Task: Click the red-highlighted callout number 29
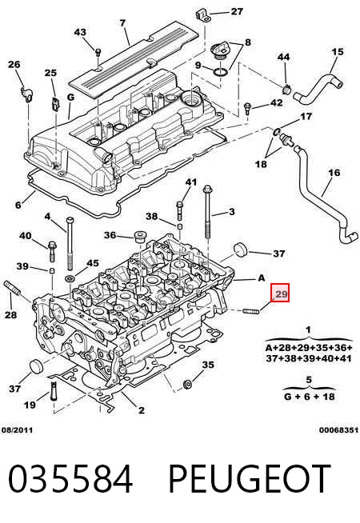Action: pyautogui.click(x=279, y=293)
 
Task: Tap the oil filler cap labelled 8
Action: pyautogui.click(x=220, y=50)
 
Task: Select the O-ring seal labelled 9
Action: pyautogui.click(x=220, y=71)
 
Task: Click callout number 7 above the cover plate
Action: pyautogui.click(x=122, y=23)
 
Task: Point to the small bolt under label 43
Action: pyautogui.click(x=98, y=52)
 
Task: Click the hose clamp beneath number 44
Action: pyautogui.click(x=286, y=90)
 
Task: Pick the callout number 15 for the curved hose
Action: pyautogui.click(x=338, y=52)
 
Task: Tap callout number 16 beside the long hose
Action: pyautogui.click(x=334, y=173)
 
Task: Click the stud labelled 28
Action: pyautogui.click(x=12, y=289)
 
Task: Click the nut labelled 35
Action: pyautogui.click(x=187, y=384)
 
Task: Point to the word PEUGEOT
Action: pyautogui.click(x=250, y=479)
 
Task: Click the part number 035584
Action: pyautogui.click(x=70, y=479)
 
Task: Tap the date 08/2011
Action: pyautogui.click(x=17, y=430)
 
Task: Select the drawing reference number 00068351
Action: pyautogui.click(x=338, y=430)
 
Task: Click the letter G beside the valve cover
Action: pyautogui.click(x=70, y=98)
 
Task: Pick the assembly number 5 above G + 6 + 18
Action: pyautogui.click(x=309, y=380)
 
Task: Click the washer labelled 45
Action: pyautogui.click(x=70, y=278)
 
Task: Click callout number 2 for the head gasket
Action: pyautogui.click(x=141, y=410)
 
